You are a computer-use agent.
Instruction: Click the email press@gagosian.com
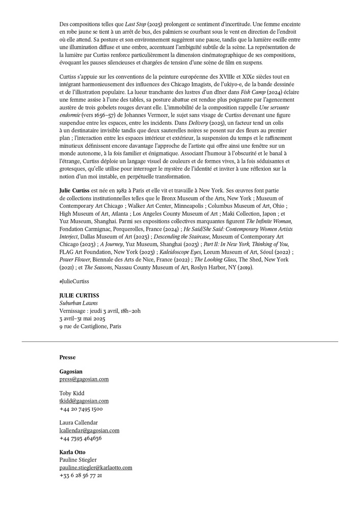(84, 379)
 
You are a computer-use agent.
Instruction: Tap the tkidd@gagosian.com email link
(84, 401)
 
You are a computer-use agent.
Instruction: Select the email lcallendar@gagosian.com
(89, 431)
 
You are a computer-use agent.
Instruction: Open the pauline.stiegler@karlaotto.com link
(96, 467)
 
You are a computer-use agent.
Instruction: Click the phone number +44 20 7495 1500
(81, 409)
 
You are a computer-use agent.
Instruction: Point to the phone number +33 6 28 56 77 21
(81, 475)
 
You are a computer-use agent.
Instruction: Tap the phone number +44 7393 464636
(81, 438)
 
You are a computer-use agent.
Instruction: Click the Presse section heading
(67, 357)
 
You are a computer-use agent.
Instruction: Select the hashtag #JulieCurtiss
(74, 281)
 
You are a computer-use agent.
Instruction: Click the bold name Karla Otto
(72, 452)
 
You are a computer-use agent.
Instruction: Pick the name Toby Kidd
(72, 393)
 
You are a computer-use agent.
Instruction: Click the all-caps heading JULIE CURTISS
(79, 296)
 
